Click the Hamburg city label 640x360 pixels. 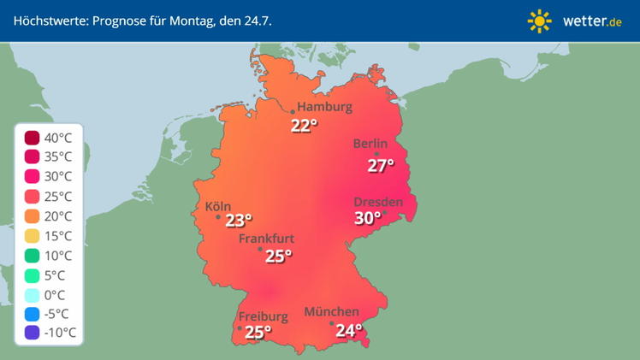point(325,107)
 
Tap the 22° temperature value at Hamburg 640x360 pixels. point(304,127)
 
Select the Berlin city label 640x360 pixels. point(370,144)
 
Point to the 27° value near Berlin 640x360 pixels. point(381,166)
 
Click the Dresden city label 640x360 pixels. point(378,202)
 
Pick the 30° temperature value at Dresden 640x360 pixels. point(368,218)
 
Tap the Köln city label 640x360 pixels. point(218,206)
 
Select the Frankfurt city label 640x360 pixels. point(266,239)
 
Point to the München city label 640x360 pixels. point(331,311)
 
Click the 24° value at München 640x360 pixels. point(348,330)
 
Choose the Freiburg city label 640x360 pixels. point(264,316)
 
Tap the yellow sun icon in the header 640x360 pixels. point(540,21)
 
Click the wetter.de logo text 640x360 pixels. point(592,21)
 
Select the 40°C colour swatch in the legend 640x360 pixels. point(32,137)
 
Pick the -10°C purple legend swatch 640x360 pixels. point(32,333)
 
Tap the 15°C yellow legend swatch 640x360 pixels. point(32,235)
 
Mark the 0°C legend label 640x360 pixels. point(59,294)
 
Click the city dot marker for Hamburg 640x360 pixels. point(293,112)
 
